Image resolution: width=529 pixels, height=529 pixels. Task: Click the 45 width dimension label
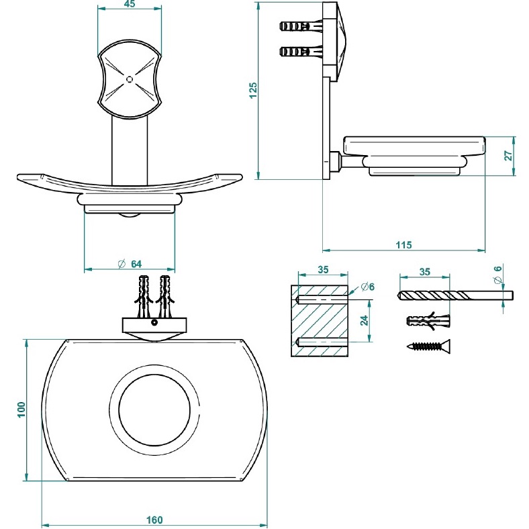(130, 5)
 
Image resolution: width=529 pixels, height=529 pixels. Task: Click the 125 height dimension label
(253, 90)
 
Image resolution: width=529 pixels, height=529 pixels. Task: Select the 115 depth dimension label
(403, 245)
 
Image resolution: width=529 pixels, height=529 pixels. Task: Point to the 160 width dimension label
(154, 520)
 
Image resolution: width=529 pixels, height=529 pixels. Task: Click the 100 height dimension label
(21, 410)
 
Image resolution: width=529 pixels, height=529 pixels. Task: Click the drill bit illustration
(455, 295)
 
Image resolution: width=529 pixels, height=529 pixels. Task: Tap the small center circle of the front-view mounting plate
(130, 79)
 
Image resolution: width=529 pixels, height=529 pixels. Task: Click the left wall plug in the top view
(142, 296)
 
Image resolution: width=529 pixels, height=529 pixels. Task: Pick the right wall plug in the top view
(164, 296)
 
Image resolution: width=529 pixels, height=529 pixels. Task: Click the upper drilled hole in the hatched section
(322, 295)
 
